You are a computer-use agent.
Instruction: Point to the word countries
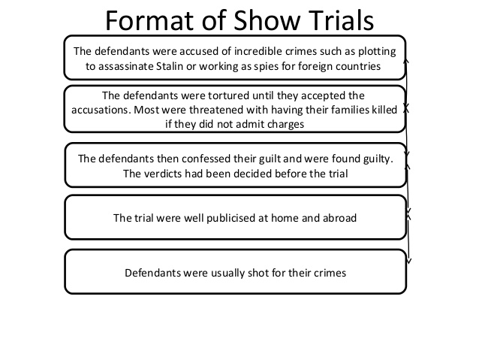coord(356,66)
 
